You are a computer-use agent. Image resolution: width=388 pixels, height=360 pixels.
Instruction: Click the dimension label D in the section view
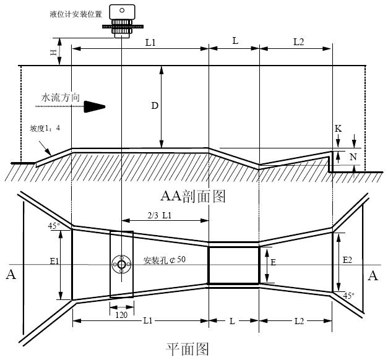[155, 105]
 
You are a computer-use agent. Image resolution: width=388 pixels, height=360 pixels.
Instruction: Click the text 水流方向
[61, 97]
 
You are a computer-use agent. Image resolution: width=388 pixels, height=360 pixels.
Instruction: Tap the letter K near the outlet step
[338, 129]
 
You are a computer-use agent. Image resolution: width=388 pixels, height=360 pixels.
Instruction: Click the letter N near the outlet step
[353, 156]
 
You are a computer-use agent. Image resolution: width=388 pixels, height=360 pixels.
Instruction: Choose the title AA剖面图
[193, 196]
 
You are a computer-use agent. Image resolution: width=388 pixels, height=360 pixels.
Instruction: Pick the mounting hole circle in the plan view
[121, 265]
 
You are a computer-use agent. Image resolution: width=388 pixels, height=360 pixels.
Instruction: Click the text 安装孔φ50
[164, 259]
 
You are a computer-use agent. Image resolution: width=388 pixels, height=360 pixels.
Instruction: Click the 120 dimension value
[122, 314]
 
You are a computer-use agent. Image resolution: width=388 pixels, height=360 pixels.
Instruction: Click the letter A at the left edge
[11, 275]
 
